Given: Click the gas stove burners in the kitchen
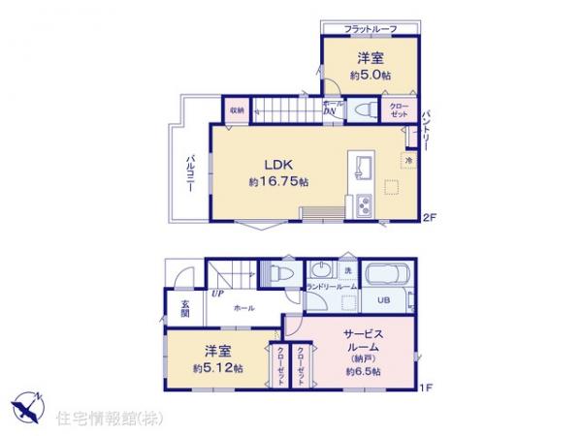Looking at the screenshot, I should click(x=365, y=205).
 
